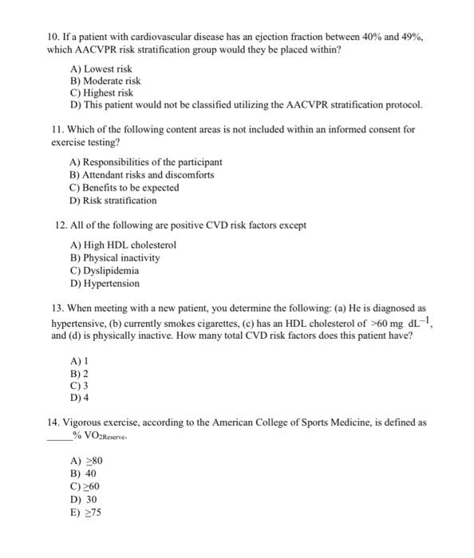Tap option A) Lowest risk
coord(101,69)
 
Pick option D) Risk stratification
coord(113,200)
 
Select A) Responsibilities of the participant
coord(146,162)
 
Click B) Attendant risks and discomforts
coord(142,175)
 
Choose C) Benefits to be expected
coord(124,187)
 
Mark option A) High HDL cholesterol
coord(124,245)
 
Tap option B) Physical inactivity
coord(116,257)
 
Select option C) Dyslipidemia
coord(105,270)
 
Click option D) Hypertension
coord(105,283)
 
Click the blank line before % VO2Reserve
coord(58,435)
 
